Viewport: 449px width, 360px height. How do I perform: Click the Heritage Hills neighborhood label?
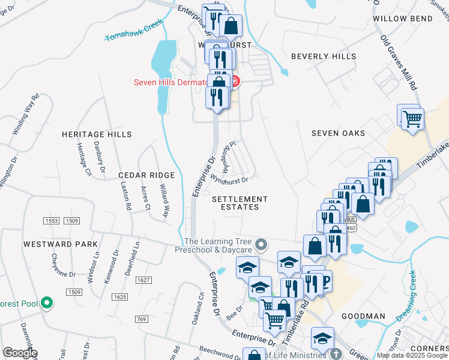97,134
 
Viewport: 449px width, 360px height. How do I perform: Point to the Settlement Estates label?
240,203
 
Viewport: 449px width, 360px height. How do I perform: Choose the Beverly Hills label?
324,56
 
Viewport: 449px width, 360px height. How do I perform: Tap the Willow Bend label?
402,19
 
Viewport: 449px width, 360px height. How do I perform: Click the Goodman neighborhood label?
363,316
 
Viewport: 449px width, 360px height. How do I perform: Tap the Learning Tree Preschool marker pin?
261,244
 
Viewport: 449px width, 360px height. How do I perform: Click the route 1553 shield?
52,221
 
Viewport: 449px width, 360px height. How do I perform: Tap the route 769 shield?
142,319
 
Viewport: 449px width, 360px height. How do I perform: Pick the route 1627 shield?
143,280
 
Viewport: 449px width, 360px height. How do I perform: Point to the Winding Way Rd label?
26,113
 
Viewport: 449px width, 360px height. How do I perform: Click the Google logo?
20,353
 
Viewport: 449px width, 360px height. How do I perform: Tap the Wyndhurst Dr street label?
229,178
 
